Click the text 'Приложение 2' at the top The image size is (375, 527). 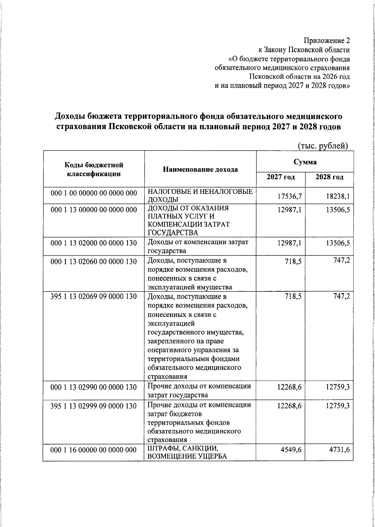pyautogui.click(x=327, y=41)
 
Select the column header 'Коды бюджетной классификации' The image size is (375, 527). pyautogui.click(x=94, y=169)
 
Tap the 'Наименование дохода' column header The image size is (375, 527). pyautogui.click(x=200, y=169)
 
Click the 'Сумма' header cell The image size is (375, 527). pyautogui.click(x=305, y=162)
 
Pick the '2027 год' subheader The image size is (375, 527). pyautogui.click(x=281, y=177)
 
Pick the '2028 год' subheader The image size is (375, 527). pyautogui.click(x=329, y=177)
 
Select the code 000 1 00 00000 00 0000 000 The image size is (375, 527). pyautogui.click(x=94, y=193)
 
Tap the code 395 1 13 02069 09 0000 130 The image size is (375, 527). pyautogui.click(x=94, y=296)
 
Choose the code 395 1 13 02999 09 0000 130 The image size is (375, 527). pyautogui.click(x=94, y=406)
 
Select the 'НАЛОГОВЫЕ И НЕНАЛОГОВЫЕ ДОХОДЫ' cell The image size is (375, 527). pyautogui.click(x=200, y=195)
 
